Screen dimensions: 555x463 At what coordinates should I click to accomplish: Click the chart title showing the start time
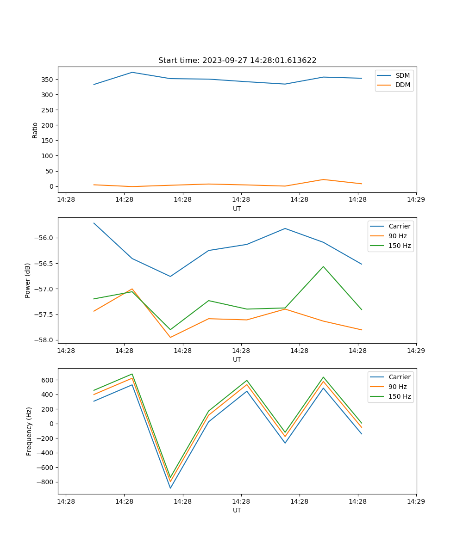(x=237, y=61)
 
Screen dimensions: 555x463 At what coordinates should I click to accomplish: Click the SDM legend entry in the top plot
(x=402, y=75)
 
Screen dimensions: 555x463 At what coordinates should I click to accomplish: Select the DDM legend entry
(x=402, y=85)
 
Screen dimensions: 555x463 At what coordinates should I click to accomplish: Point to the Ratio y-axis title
(x=35, y=130)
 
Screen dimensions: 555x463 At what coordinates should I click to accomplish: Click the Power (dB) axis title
(x=28, y=280)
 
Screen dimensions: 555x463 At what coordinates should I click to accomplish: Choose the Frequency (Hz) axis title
(x=29, y=431)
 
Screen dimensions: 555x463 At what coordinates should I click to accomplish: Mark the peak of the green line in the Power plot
(x=323, y=266)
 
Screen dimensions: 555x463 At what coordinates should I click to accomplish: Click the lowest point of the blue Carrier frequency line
(x=170, y=488)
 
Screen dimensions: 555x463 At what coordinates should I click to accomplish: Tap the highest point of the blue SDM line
(x=132, y=72)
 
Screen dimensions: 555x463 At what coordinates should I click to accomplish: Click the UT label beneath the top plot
(x=237, y=209)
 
